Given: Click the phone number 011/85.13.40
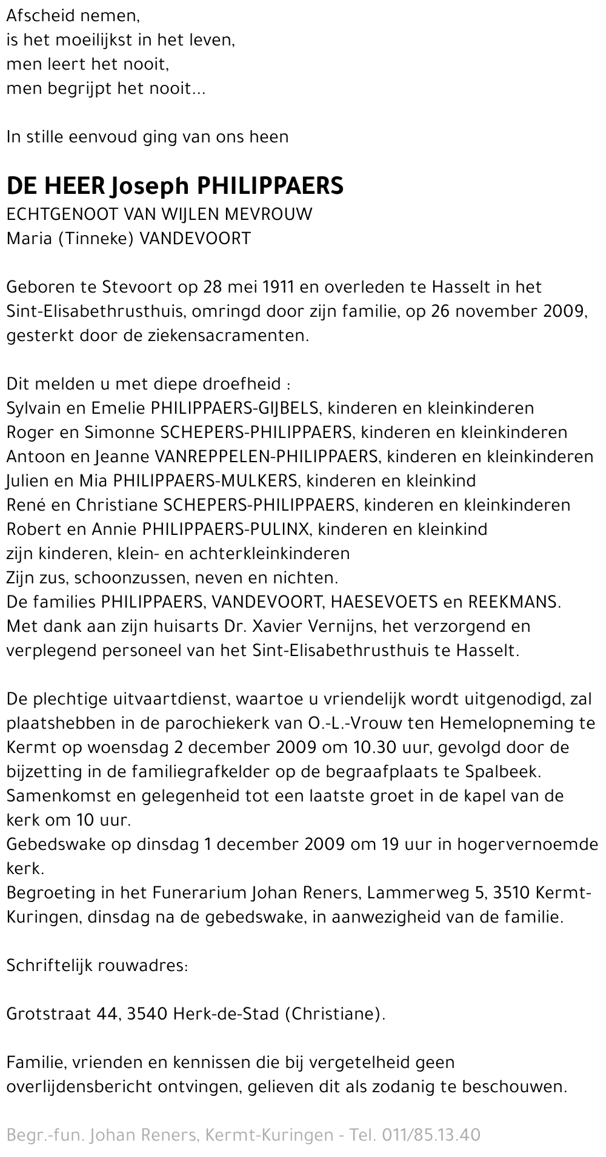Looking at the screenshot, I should point(432,1135).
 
